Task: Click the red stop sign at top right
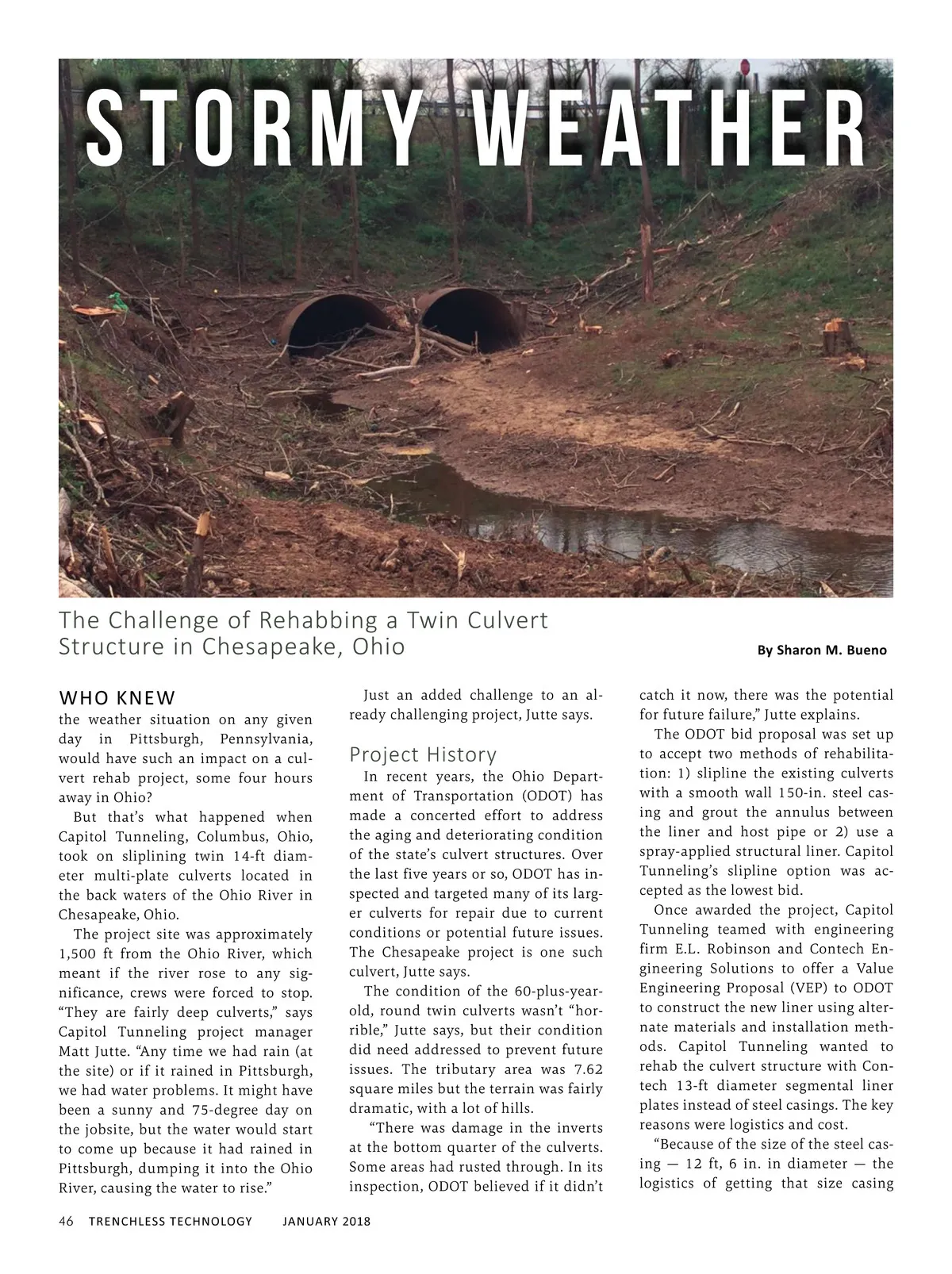(747, 67)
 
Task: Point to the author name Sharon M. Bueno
(821, 650)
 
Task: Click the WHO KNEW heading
(117, 698)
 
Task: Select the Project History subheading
(423, 754)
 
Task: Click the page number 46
(67, 1221)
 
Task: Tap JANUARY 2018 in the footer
(326, 1221)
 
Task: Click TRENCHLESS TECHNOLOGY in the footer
(170, 1221)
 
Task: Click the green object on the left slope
(117, 301)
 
